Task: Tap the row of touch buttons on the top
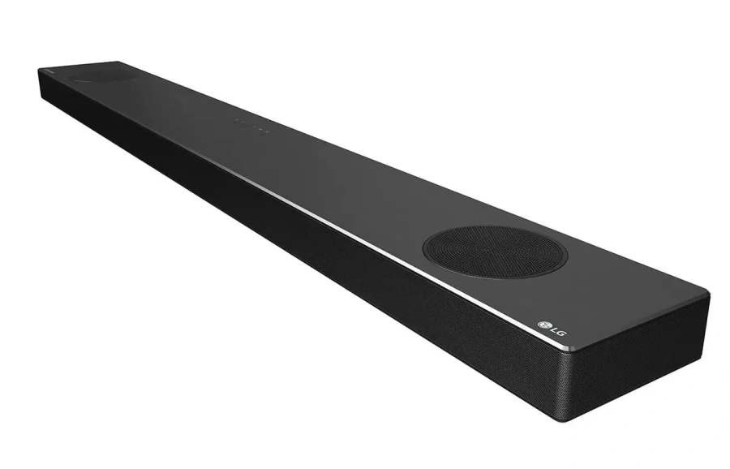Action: (251, 124)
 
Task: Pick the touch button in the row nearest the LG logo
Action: (264, 127)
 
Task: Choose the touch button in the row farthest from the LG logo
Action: (236, 120)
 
